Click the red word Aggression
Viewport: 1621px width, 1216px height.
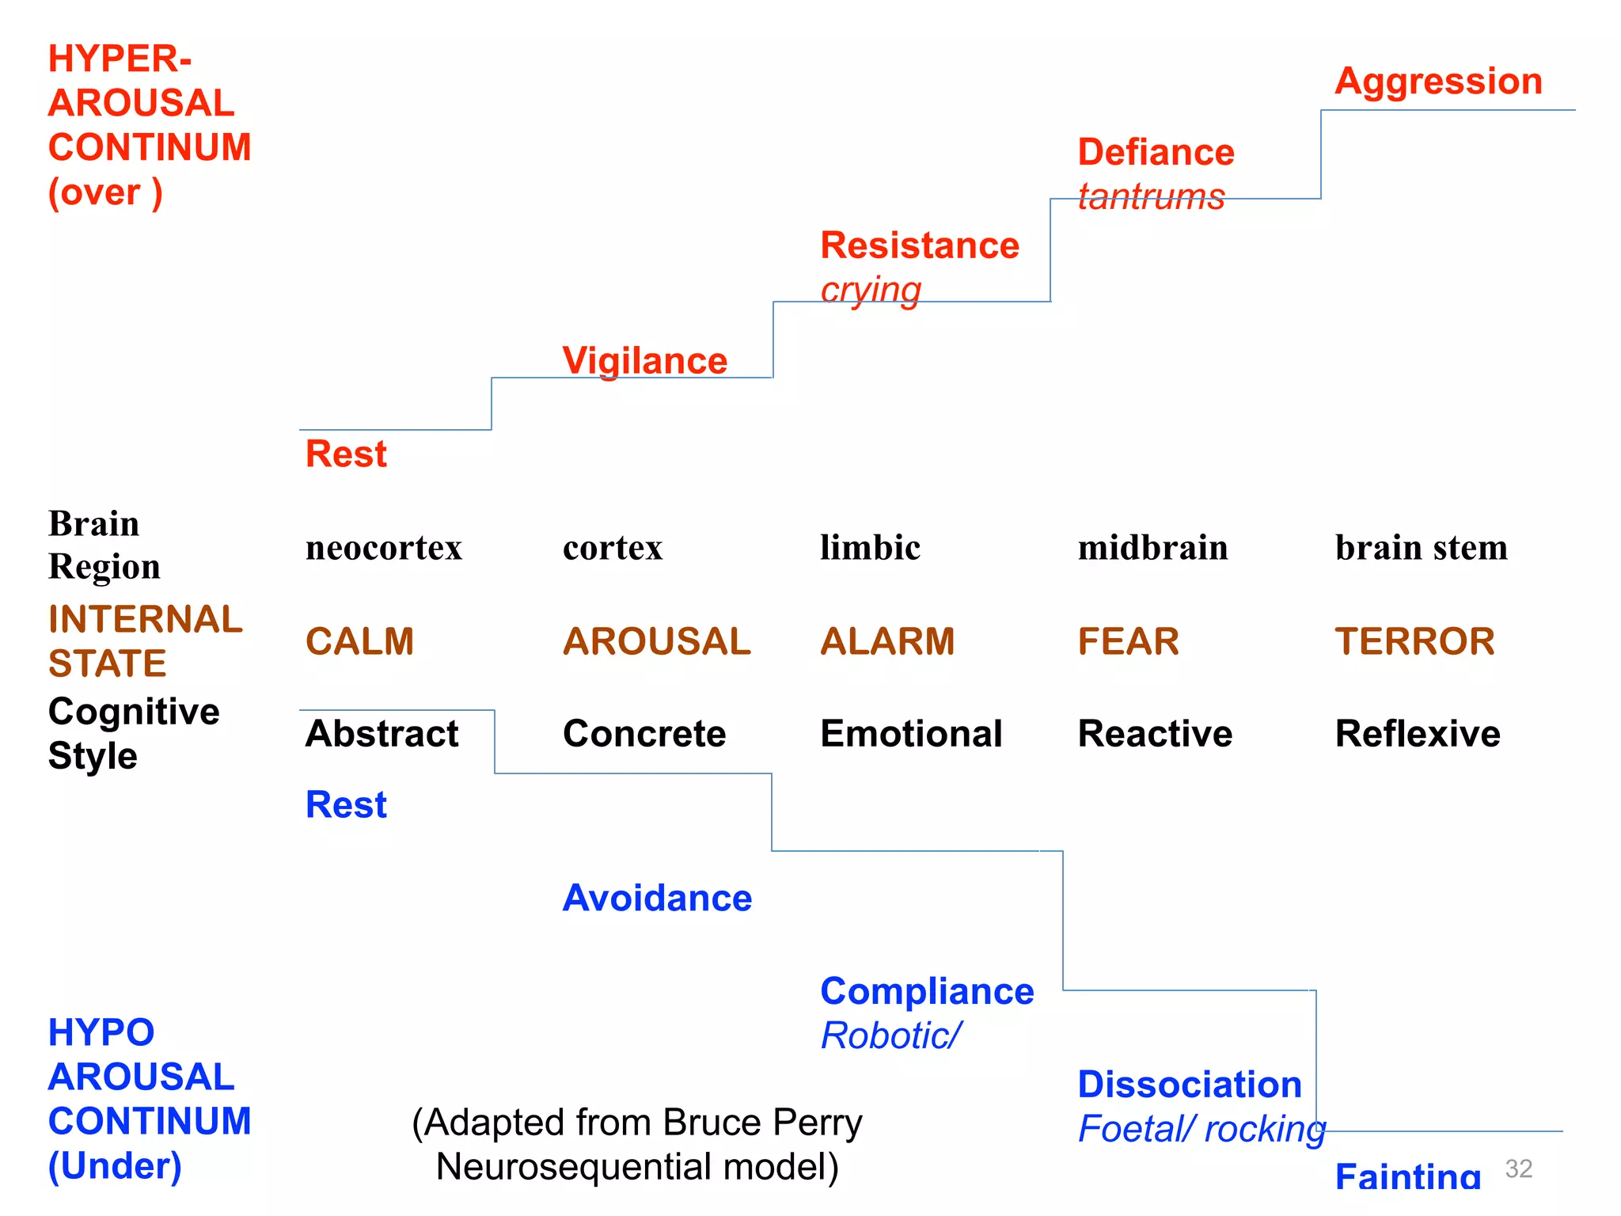(x=1438, y=82)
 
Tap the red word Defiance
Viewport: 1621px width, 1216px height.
(x=1156, y=152)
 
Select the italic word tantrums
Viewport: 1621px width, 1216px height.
(x=1151, y=196)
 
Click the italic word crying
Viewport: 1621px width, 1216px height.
(x=871, y=291)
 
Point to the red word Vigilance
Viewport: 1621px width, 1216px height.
(x=644, y=361)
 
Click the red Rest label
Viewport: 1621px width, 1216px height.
(x=346, y=454)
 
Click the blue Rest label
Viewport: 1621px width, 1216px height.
(x=346, y=805)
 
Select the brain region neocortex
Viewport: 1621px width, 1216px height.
(x=384, y=548)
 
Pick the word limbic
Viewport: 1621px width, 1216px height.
(x=870, y=548)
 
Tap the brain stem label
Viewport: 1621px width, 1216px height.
(x=1421, y=548)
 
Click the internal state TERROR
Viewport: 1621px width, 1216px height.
(x=1414, y=641)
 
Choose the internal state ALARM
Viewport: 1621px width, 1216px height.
(x=887, y=641)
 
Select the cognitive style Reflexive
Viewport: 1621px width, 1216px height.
(x=1417, y=734)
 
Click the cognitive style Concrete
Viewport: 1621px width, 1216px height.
(x=644, y=734)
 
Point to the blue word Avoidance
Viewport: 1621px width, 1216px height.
(x=657, y=899)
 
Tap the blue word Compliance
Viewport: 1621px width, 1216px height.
(x=927, y=991)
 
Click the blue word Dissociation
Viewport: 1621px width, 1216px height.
(x=1190, y=1085)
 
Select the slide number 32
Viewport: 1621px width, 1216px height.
(x=1518, y=1169)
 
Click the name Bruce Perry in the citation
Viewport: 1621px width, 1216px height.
(x=762, y=1123)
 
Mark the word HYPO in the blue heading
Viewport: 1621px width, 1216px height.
(x=101, y=1033)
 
